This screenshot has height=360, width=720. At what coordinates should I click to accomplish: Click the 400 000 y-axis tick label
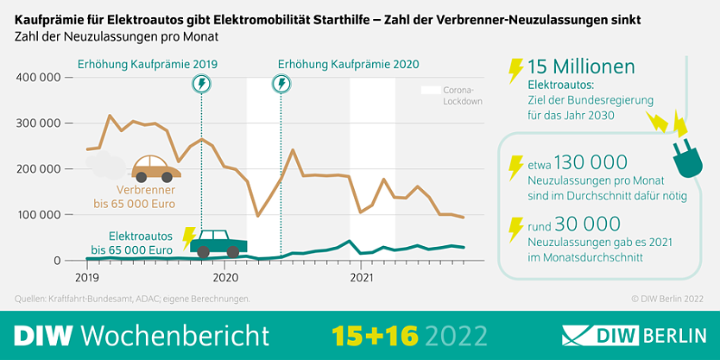pos(38,78)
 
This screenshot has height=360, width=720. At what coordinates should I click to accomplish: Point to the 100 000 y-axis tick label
pos(38,215)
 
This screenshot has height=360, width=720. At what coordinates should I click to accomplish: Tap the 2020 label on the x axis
pos(225,278)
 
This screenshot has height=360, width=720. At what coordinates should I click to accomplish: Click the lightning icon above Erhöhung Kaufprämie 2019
pos(201,84)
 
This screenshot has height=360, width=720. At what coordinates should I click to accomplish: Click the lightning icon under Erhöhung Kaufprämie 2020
pos(281,84)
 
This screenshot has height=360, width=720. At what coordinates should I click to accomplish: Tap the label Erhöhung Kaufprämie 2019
pos(148,64)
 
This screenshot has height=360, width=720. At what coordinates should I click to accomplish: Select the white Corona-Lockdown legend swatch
pos(429,90)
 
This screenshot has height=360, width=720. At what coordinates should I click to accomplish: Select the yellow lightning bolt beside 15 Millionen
pos(515,69)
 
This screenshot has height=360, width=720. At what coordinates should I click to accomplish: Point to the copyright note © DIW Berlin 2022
pos(666,299)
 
